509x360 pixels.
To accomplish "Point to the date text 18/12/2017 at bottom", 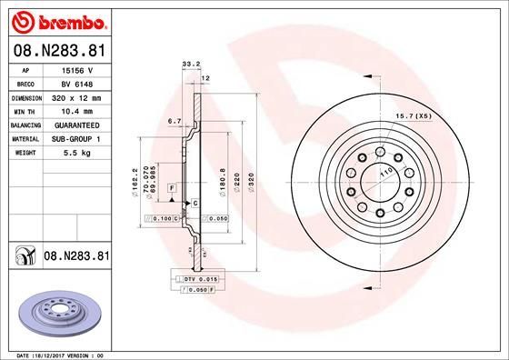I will [x=58, y=354].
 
